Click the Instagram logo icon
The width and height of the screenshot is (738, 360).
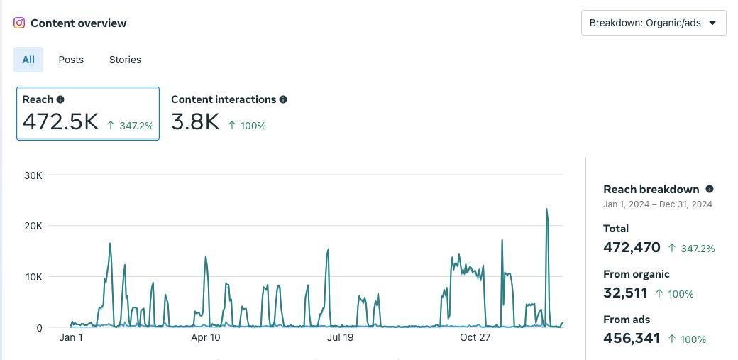(19, 23)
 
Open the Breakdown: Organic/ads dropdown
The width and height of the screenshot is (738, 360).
(653, 23)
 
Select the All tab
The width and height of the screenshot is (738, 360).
(28, 60)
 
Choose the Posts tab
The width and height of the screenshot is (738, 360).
(71, 60)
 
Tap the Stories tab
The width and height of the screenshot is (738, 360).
(125, 60)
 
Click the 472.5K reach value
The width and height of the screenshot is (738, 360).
(60, 121)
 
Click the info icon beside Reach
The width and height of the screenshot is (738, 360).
(60, 99)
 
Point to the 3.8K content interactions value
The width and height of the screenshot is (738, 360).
(195, 121)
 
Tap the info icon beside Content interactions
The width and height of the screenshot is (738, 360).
(283, 99)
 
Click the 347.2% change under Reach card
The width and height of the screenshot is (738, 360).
(136, 126)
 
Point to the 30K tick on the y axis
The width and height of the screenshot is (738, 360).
(33, 175)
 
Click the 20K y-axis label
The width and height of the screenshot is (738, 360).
(33, 226)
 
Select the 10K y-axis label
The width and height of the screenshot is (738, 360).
(33, 277)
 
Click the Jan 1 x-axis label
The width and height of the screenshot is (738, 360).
(71, 337)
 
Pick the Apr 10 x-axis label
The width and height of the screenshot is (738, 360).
(206, 337)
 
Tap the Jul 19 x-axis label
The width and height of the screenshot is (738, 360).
(340, 337)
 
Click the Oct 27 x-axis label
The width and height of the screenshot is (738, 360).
(475, 337)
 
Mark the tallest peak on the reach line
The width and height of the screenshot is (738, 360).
(546, 209)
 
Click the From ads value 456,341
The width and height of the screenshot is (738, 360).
(632, 338)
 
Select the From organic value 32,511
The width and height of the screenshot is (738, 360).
(625, 293)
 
